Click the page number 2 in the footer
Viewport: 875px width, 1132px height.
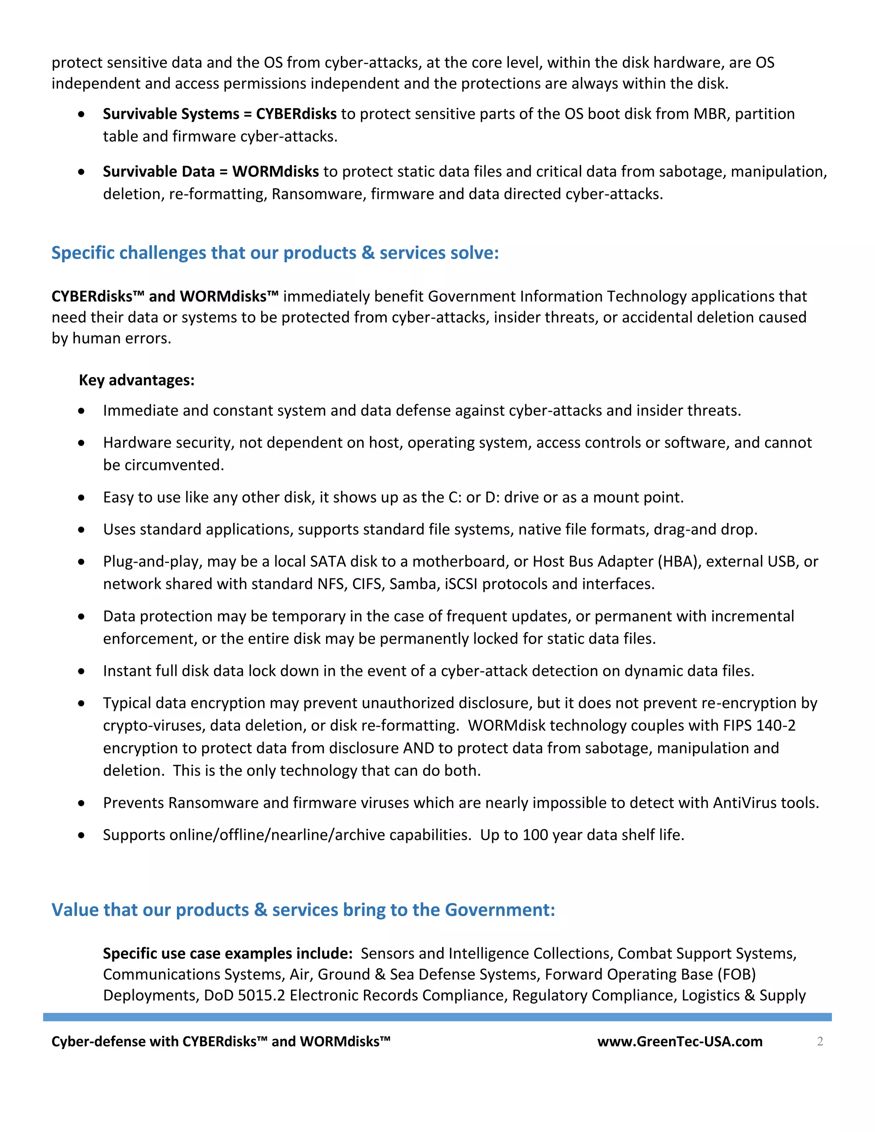819,1041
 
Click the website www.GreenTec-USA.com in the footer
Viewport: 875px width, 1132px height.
680,1041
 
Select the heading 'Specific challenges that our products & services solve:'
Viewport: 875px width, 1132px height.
275,253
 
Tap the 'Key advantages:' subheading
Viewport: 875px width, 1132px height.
136,380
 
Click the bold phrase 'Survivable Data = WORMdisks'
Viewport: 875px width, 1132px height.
211,172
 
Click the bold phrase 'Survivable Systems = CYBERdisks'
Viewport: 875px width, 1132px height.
219,114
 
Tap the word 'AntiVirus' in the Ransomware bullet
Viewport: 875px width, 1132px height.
744,803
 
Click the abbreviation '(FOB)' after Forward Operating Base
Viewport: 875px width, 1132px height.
736,974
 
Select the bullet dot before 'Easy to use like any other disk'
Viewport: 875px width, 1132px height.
81,498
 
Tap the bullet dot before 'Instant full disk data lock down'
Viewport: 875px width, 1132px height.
81,671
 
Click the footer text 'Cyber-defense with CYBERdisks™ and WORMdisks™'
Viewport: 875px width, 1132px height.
220,1041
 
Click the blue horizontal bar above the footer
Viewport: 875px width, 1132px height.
437,1017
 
